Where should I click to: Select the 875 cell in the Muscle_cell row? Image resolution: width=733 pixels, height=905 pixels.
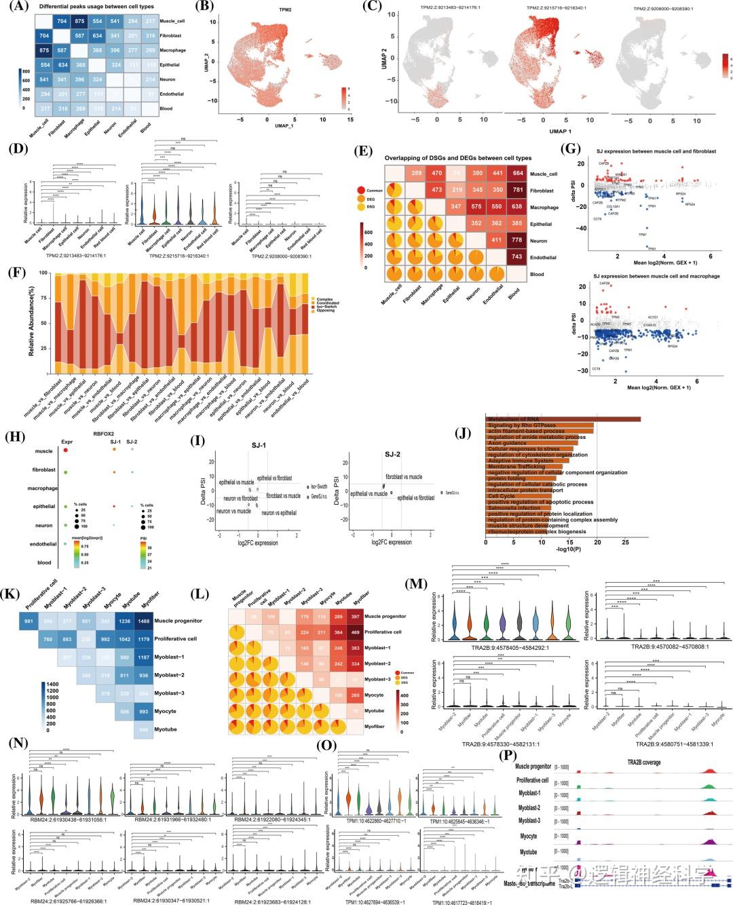click(x=80, y=22)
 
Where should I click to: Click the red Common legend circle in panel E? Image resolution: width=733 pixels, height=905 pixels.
click(x=360, y=190)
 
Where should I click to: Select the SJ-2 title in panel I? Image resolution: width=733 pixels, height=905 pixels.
click(x=392, y=454)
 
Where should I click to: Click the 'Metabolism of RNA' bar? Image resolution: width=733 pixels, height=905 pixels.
click(x=563, y=419)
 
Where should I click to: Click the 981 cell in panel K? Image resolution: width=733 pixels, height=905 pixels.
click(x=29, y=621)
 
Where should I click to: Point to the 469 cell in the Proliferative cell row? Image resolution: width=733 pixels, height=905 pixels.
click(x=352, y=632)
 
